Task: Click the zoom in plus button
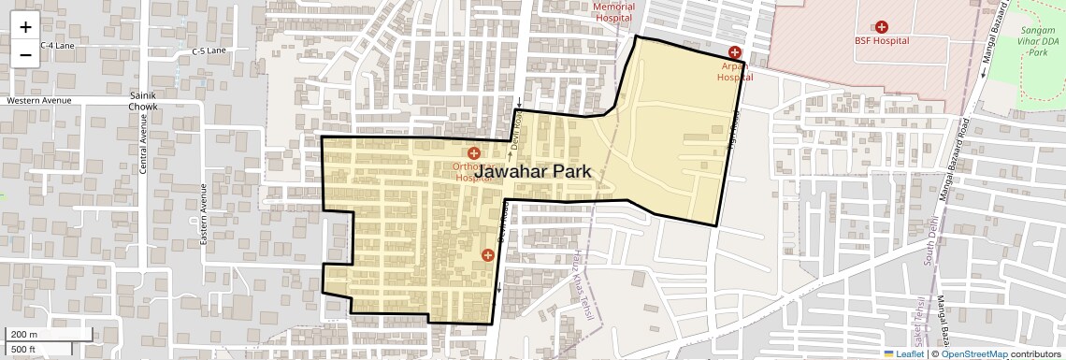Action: coord(25,28)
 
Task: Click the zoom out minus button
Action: coord(25,54)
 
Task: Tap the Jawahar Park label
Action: coord(533,172)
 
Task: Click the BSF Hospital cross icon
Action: coord(881,27)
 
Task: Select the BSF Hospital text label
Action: coord(881,41)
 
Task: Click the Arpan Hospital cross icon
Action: coord(735,51)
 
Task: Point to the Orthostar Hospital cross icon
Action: coord(474,152)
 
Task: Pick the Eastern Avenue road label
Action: coord(203,214)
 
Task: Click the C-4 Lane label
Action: coord(56,45)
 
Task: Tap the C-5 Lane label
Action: coord(209,50)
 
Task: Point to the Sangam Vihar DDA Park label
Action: coord(1038,42)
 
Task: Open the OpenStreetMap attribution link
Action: coord(974,353)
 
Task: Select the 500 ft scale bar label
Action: coord(24,349)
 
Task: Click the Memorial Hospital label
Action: coord(614,12)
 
